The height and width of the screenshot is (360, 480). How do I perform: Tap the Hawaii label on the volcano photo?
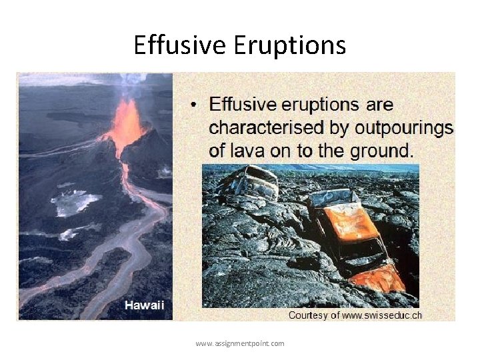[x=144, y=305]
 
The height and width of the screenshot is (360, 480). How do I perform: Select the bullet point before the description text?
[x=193, y=105]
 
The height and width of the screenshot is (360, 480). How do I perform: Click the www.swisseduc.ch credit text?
[x=382, y=315]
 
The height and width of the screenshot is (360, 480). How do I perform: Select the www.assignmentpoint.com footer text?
[x=240, y=343]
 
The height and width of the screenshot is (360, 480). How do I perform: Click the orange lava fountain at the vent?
[x=127, y=123]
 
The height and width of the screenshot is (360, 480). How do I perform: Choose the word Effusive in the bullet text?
[x=243, y=105]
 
